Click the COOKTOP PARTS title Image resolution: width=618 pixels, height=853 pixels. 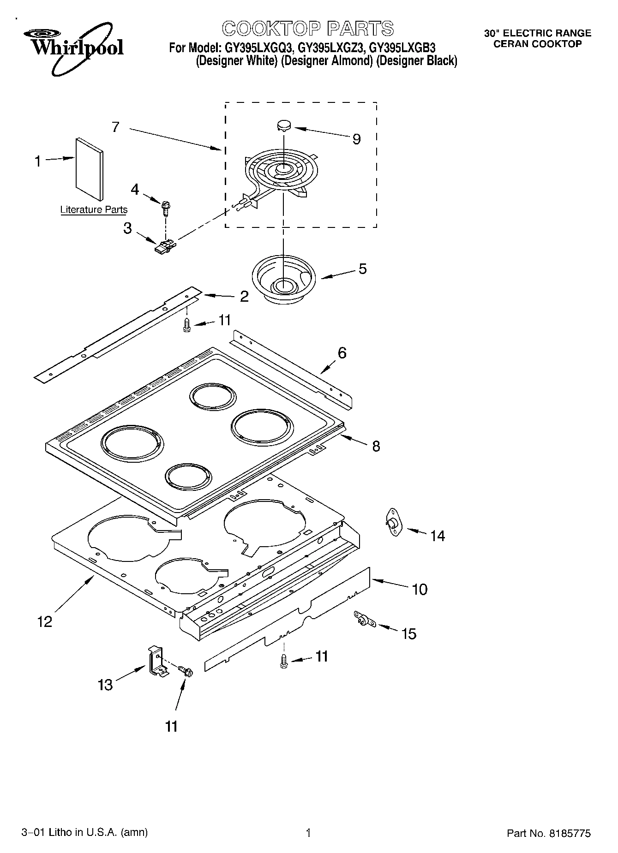point(308,29)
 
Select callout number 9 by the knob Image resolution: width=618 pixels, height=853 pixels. point(356,139)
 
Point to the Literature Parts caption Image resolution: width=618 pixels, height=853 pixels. point(94,210)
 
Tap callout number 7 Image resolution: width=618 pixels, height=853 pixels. point(115,127)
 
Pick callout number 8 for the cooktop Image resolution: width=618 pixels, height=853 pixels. point(376,446)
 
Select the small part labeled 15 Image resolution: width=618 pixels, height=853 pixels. point(364,620)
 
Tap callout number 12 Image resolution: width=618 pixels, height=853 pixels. point(45,622)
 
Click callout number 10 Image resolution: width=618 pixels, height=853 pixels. point(420,589)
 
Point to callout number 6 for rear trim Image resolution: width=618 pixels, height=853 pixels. point(342,353)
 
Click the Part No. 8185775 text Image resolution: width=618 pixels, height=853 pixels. point(548,833)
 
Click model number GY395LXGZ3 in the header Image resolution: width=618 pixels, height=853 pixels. point(331,48)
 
